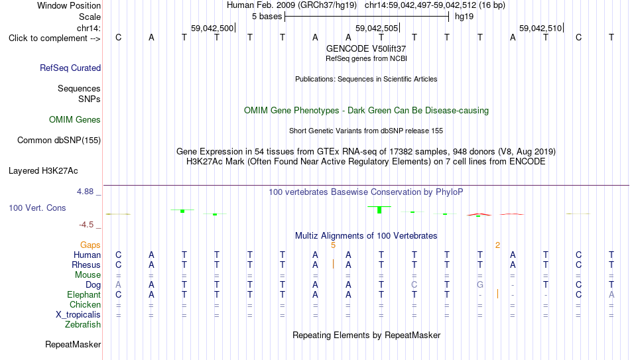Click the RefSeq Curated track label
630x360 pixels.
(70, 68)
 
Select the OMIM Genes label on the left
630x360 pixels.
(75, 120)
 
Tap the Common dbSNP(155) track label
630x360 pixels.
(59, 141)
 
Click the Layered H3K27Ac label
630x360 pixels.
(43, 171)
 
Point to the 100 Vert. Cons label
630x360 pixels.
(37, 208)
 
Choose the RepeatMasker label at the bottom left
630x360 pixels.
(73, 344)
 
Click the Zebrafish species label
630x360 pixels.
(83, 325)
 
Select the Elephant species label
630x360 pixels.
(84, 295)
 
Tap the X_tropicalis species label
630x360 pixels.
(78, 315)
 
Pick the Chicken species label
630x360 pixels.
(85, 305)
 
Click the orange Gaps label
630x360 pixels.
(90, 245)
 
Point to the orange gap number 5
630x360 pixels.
(333, 245)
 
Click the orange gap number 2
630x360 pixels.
(498, 245)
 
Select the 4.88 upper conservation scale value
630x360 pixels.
(85, 192)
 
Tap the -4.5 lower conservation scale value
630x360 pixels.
(86, 225)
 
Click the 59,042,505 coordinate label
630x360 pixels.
(377, 29)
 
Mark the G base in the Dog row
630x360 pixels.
(479, 285)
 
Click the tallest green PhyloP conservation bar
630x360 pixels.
(379, 210)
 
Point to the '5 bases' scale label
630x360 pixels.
(267, 17)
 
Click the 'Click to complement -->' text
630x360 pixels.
(54, 38)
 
